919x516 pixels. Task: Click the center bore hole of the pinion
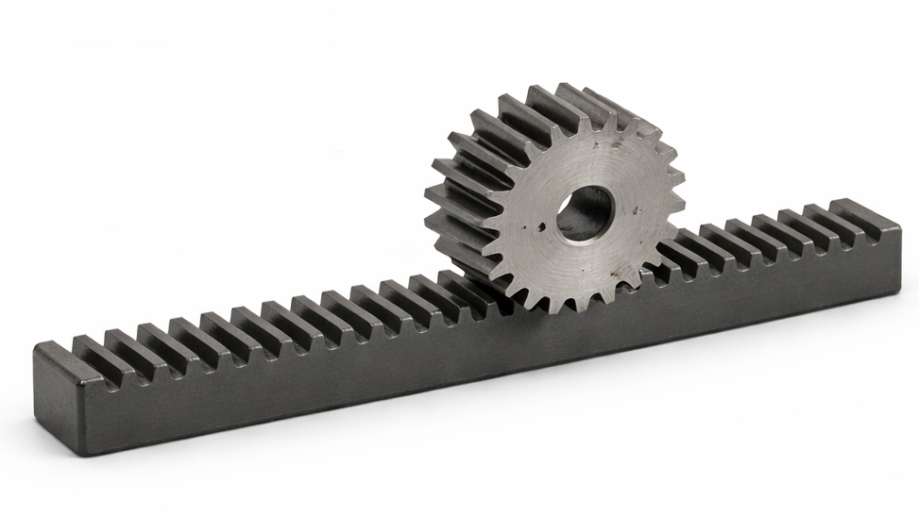(585, 213)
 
